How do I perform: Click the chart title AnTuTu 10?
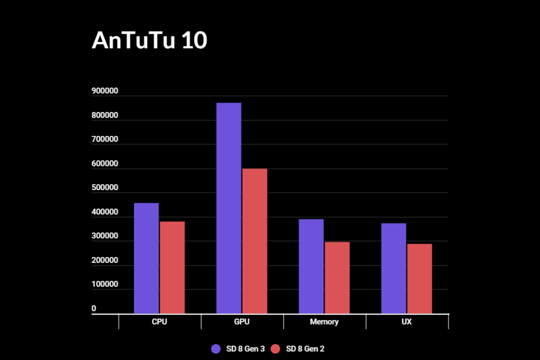click(x=149, y=41)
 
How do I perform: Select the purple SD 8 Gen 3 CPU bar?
click(x=146, y=258)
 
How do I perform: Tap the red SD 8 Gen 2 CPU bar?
click(x=172, y=267)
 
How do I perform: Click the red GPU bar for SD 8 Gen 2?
click(x=255, y=241)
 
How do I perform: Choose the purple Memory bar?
click(x=311, y=266)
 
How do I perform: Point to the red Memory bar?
click(x=337, y=278)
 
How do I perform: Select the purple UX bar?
click(x=393, y=268)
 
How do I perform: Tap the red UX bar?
click(x=419, y=279)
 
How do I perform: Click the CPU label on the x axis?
click(x=160, y=322)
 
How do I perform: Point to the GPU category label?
click(x=242, y=322)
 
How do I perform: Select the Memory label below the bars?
click(x=324, y=322)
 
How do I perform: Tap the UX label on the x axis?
click(x=407, y=322)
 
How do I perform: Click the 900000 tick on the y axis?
click(x=105, y=91)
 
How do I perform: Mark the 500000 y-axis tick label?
click(x=105, y=188)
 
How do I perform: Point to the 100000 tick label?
click(x=105, y=284)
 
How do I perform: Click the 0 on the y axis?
click(x=94, y=309)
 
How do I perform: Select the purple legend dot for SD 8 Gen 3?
click(x=216, y=349)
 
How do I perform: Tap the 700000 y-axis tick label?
click(x=105, y=139)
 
